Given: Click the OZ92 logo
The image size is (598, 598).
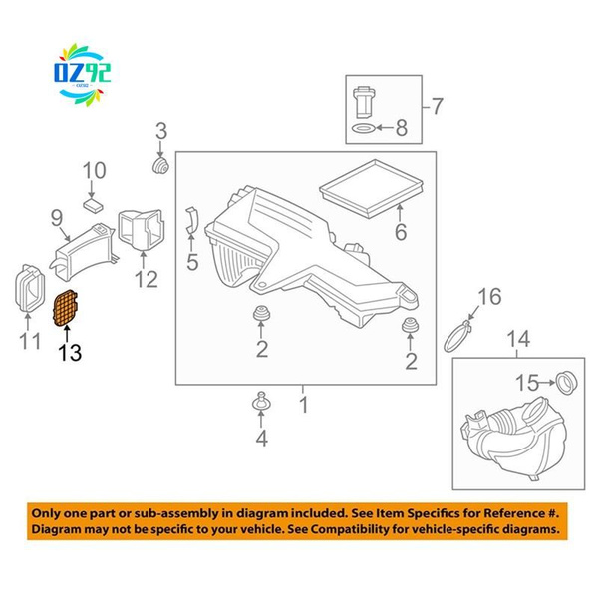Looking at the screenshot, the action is click(x=83, y=74).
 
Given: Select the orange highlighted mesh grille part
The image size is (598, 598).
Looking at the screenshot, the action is click(x=65, y=308).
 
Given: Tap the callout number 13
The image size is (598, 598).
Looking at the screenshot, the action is click(x=70, y=353).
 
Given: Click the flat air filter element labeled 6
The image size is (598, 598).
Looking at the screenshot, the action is click(x=371, y=188).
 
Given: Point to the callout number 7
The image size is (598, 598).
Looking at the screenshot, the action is click(x=438, y=106).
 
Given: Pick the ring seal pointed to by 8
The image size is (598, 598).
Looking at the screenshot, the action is click(x=363, y=128).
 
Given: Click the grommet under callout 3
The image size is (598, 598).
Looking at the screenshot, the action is click(x=160, y=166).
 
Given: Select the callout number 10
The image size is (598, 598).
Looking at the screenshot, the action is click(x=95, y=170).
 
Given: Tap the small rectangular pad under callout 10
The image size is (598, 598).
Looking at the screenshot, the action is click(x=93, y=206).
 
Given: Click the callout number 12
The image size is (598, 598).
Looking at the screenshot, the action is click(x=147, y=279).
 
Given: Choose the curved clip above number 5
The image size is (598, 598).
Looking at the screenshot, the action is click(x=191, y=220).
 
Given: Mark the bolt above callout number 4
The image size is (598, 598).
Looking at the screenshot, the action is click(x=261, y=402).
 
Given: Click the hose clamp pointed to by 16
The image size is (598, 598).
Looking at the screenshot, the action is click(x=457, y=337).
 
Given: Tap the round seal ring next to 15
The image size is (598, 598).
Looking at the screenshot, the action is click(x=566, y=382).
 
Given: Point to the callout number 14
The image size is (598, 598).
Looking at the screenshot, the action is click(x=518, y=339).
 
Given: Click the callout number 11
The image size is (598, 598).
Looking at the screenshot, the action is click(x=29, y=341).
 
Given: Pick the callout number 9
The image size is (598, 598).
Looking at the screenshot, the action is click(x=57, y=218).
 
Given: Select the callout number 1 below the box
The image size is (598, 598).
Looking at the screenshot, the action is click(x=304, y=405).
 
